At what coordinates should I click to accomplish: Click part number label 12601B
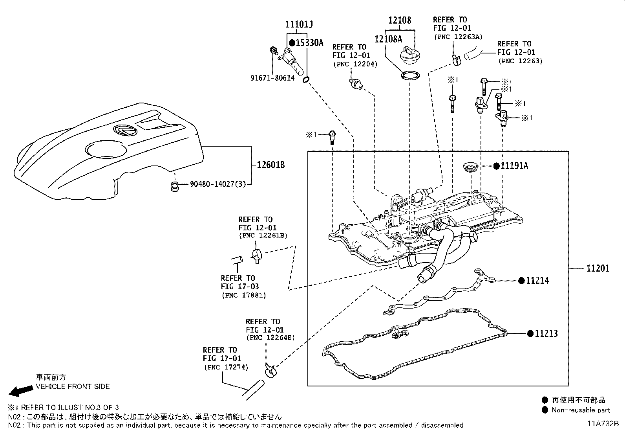click(x=271, y=165)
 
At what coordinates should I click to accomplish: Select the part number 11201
click(x=598, y=268)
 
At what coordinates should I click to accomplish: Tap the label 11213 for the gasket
click(x=546, y=334)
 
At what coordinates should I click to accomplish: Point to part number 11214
click(x=537, y=281)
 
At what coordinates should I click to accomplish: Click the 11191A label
click(x=514, y=166)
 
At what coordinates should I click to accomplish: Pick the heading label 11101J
click(x=299, y=24)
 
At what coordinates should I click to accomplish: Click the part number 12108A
click(x=388, y=39)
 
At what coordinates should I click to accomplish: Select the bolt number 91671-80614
click(x=272, y=78)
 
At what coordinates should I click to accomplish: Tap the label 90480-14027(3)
click(x=217, y=184)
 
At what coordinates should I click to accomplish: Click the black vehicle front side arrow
click(x=20, y=391)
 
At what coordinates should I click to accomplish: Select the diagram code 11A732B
click(x=603, y=424)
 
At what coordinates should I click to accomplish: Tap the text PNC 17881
click(x=244, y=295)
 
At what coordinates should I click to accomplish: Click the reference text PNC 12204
click(x=355, y=64)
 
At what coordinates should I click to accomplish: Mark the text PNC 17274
click(x=226, y=367)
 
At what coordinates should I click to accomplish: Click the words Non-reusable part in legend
click(x=581, y=410)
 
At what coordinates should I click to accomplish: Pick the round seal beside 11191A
click(x=470, y=167)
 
